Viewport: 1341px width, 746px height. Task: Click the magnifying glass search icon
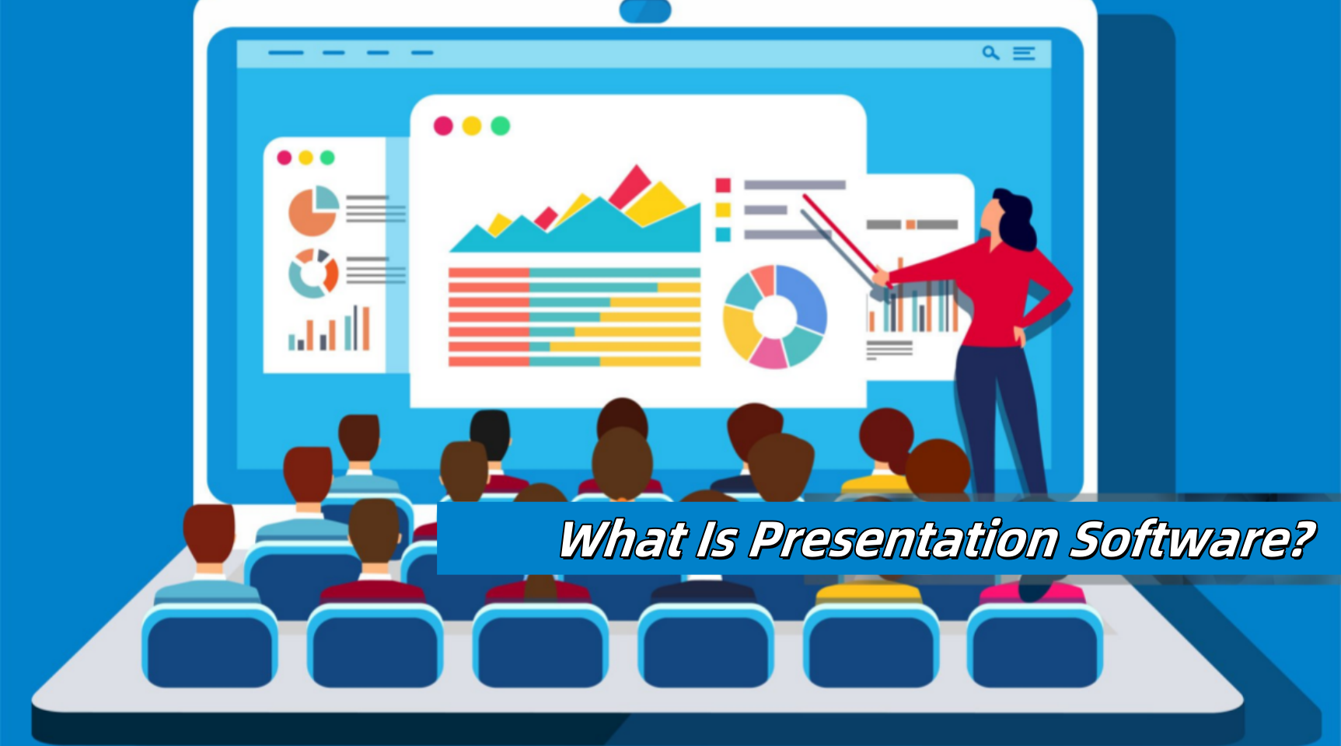(x=990, y=53)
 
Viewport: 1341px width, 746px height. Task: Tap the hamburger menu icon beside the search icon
(x=1024, y=53)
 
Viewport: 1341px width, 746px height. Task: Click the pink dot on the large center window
(x=443, y=126)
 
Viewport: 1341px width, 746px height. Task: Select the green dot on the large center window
(x=501, y=126)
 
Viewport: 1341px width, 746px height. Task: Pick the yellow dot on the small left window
(x=306, y=158)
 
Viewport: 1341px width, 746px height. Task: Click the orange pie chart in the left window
(x=313, y=211)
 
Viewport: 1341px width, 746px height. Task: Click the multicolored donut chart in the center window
(x=775, y=316)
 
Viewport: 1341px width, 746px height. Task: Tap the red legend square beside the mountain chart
(x=723, y=185)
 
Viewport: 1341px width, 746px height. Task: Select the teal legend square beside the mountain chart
(x=723, y=235)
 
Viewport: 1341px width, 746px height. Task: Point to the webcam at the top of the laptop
(x=645, y=10)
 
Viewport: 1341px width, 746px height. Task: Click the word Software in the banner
(x=1191, y=539)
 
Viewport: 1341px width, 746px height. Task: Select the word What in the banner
(x=623, y=539)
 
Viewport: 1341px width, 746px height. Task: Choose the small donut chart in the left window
(x=313, y=274)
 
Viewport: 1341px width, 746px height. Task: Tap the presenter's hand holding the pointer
(x=881, y=277)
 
